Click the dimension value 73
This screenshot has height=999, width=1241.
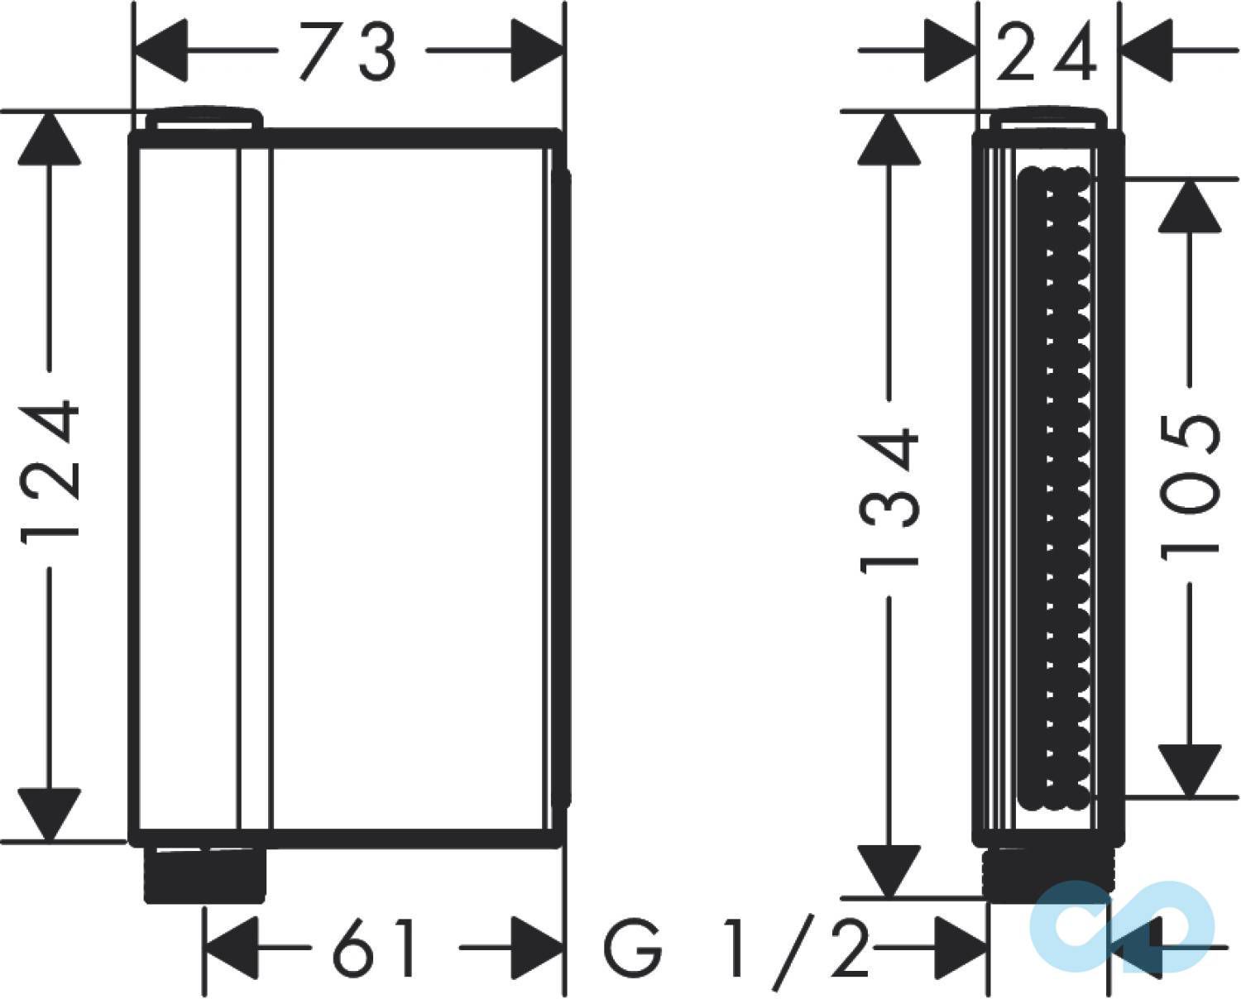tap(348, 51)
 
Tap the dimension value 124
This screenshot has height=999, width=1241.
tap(50, 468)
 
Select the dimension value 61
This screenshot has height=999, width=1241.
tap(373, 944)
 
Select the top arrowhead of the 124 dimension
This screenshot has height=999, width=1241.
tap(50, 137)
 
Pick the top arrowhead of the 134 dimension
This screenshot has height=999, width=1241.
tap(889, 137)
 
